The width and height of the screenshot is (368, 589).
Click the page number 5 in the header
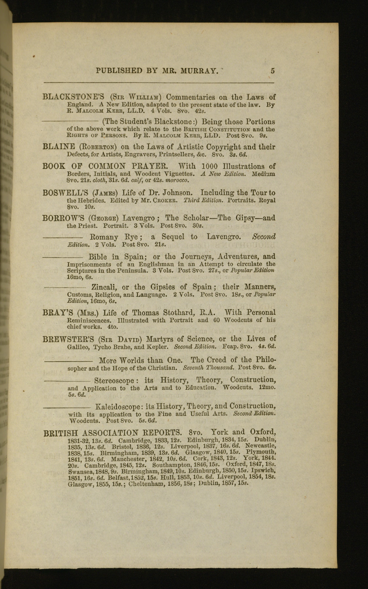pyautogui.click(x=273, y=71)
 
